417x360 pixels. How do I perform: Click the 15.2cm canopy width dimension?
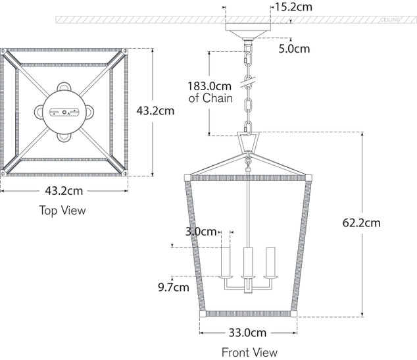[293, 7]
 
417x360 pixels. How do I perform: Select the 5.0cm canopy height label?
[293, 48]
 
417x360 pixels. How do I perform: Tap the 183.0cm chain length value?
[210, 86]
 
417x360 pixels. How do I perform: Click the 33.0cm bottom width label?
[247, 332]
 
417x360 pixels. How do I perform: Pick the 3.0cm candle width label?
[201, 232]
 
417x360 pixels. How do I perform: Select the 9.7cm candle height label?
[174, 287]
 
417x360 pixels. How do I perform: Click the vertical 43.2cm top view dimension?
[155, 111]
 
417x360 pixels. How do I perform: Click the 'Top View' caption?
[62, 211]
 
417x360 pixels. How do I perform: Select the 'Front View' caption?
[249, 352]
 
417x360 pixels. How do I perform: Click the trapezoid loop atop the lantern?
[248, 143]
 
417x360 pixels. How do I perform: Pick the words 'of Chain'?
[210, 99]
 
